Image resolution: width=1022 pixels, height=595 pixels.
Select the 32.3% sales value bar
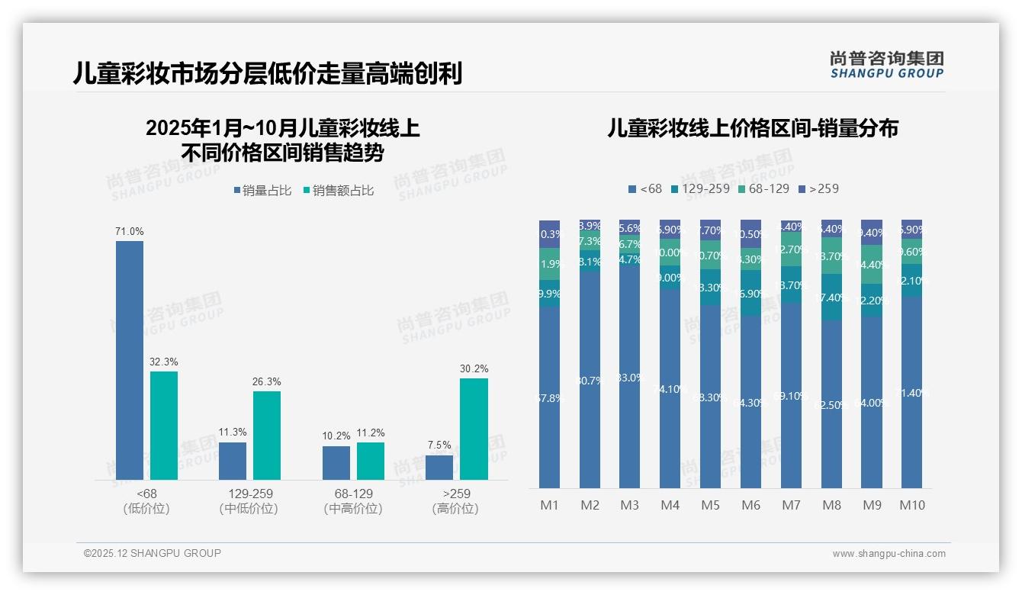pyautogui.click(x=164, y=426)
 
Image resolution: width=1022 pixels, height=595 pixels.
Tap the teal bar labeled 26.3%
pyautogui.click(x=267, y=436)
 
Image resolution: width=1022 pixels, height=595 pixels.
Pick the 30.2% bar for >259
pyautogui.click(x=474, y=429)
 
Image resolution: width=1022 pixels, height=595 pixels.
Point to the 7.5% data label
pyautogui.click(x=439, y=445)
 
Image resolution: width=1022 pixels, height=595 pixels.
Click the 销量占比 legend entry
pyautogui.click(x=262, y=191)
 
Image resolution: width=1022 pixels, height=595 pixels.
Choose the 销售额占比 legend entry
pyautogui.click(x=339, y=191)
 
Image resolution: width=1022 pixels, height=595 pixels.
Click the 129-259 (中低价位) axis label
pyautogui.click(x=249, y=501)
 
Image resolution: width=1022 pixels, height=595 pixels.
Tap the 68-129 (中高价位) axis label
pyautogui.click(x=353, y=501)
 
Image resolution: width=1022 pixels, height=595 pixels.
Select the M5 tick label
pyautogui.click(x=710, y=505)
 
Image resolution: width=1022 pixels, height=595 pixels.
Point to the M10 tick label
pyautogui.click(x=911, y=505)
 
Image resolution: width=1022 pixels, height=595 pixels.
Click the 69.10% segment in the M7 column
pyautogui.click(x=791, y=395)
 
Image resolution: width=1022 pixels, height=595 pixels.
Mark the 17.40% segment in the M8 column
pyautogui.click(x=831, y=297)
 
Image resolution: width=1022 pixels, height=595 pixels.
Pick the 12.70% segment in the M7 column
pyautogui.click(x=791, y=249)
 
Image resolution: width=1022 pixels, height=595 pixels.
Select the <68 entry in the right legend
pyautogui.click(x=645, y=188)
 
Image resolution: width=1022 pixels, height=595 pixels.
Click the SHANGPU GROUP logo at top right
pyautogui.click(x=886, y=65)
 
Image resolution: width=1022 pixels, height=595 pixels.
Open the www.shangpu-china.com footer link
pyautogui.click(x=889, y=554)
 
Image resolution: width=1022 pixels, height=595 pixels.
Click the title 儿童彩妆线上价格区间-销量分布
pyautogui.click(x=752, y=128)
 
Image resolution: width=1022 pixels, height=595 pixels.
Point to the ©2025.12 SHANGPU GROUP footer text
pyautogui.click(x=153, y=553)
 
